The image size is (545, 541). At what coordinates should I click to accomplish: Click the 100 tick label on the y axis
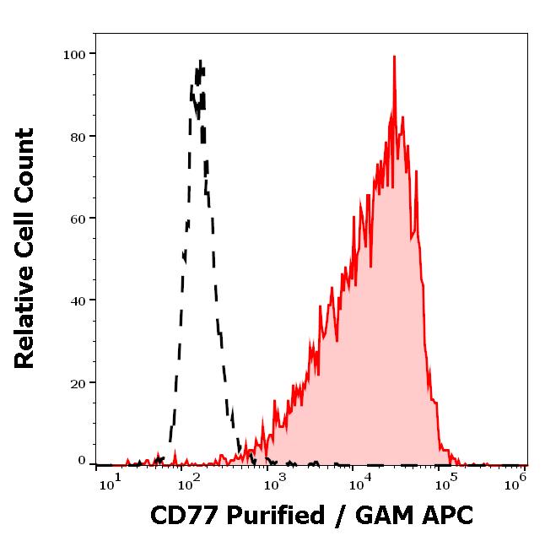74,54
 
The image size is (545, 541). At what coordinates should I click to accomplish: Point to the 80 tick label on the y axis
78,136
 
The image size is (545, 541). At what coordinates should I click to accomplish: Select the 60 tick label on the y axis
78,218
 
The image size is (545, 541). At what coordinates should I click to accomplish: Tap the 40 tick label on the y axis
78,300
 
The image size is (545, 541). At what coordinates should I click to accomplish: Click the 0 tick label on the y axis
82,461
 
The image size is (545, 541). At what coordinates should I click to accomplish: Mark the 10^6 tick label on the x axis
516,480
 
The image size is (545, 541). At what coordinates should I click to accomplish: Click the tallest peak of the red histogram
394,57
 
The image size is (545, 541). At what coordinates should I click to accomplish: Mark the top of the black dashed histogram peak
200,61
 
